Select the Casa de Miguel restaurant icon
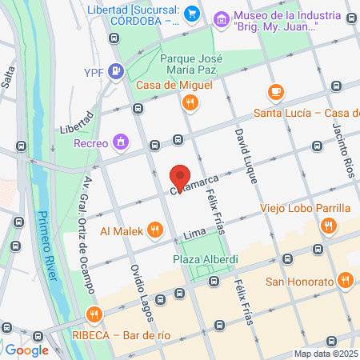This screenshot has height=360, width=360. [190, 102]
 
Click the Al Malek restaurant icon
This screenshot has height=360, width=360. [155, 231]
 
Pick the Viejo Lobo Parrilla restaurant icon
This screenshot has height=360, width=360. [327, 226]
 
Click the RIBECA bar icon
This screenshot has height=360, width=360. [94, 314]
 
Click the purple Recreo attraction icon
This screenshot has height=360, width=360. [121, 142]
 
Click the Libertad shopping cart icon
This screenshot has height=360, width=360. [191, 14]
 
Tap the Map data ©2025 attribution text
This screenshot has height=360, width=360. [325, 354]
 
